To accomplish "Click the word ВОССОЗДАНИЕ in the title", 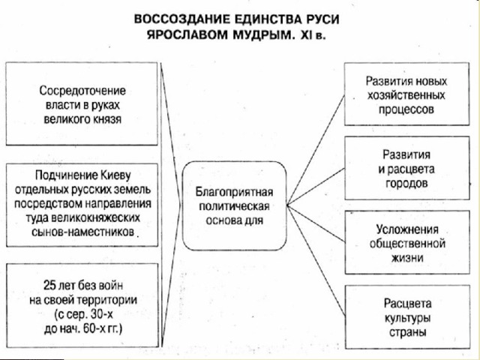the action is click(x=182, y=19).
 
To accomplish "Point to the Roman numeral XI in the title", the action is click(x=304, y=35).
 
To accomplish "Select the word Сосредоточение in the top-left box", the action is click(x=82, y=91).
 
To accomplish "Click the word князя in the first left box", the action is click(x=107, y=118).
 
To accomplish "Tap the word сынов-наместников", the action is click(x=83, y=232).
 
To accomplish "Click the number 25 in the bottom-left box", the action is click(x=49, y=285).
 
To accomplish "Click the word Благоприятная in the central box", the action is click(x=234, y=192).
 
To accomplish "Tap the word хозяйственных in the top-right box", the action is click(x=406, y=95).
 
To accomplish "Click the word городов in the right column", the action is click(x=406, y=183).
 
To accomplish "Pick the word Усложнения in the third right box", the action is click(x=407, y=229).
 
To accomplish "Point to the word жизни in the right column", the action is click(x=407, y=258).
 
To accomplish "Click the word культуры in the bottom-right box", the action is click(x=407, y=318).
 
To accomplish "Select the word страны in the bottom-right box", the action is click(x=408, y=332).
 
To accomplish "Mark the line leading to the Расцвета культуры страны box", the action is click(x=316, y=260).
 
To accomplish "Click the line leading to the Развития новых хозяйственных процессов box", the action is click(x=316, y=150).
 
